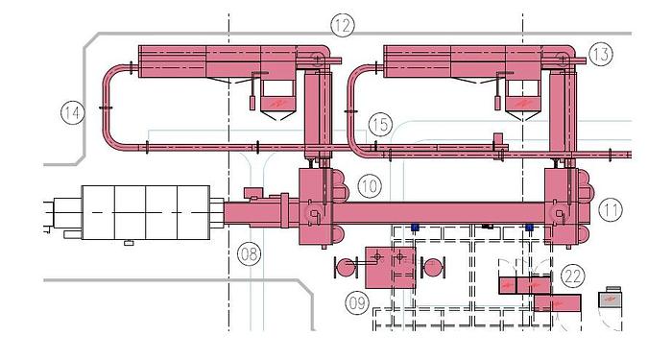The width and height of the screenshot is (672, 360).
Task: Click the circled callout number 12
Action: coord(343,25)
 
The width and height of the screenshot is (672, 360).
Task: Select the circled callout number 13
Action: coord(600,54)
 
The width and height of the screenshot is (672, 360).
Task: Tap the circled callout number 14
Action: coord(72,113)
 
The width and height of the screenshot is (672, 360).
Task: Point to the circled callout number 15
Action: coord(380,125)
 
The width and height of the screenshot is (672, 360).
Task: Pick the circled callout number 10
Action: coord(370,186)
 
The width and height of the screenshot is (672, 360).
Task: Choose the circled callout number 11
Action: coord(611,210)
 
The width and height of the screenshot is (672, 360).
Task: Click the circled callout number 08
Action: coord(249,253)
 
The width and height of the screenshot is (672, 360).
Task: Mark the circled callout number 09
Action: coord(357,303)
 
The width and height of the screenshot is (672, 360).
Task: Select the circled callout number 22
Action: coord(573,276)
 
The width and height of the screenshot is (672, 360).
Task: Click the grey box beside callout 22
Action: coord(611,299)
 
